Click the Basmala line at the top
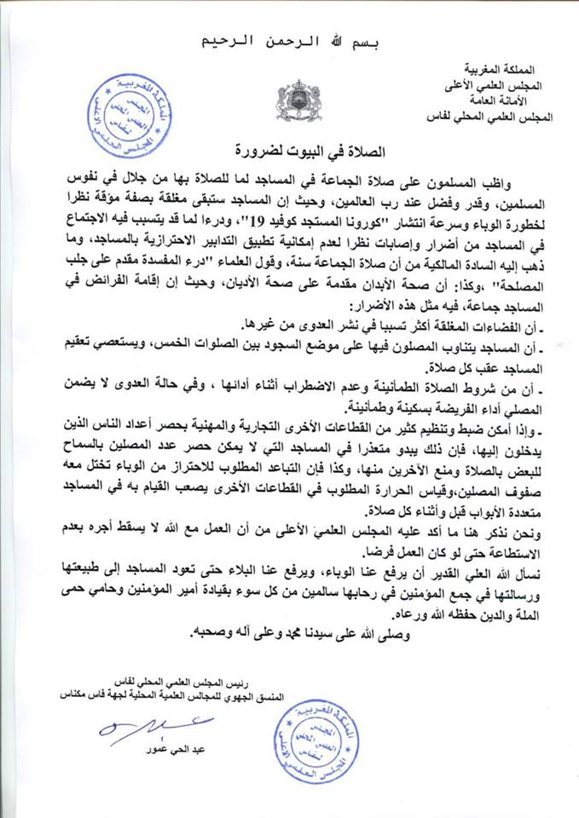(x=288, y=39)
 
